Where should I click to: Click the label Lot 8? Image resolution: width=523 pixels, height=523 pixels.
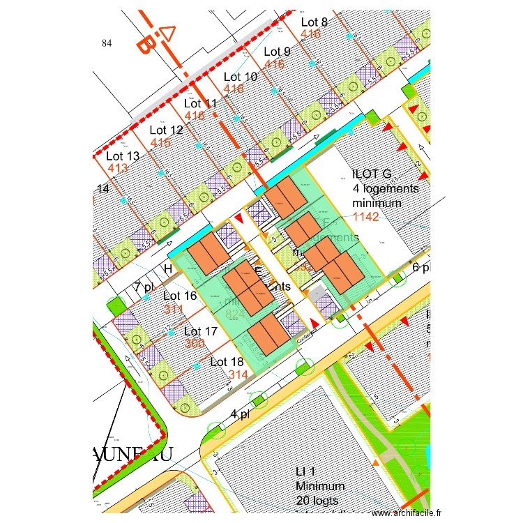[314, 22]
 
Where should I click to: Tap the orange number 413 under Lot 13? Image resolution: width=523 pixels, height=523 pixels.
[117, 169]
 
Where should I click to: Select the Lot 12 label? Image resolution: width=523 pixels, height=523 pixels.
[166, 130]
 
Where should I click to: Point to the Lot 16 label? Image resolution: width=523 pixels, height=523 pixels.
[181, 296]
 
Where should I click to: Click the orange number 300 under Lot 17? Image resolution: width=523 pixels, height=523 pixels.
[195, 344]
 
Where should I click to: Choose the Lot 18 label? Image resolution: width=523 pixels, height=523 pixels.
[227, 362]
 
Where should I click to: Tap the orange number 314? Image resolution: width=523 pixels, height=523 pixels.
[238, 375]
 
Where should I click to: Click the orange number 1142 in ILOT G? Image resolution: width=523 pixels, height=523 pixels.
[366, 217]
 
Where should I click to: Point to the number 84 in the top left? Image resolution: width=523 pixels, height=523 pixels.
[107, 43]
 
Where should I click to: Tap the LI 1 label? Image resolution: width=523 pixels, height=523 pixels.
[308, 473]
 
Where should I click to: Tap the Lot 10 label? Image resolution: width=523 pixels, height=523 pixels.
[240, 77]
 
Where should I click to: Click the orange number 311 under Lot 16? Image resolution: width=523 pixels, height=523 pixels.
[174, 309]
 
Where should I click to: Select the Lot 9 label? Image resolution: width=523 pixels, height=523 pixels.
[277, 52]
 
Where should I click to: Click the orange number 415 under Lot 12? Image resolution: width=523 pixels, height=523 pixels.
[160, 143]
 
